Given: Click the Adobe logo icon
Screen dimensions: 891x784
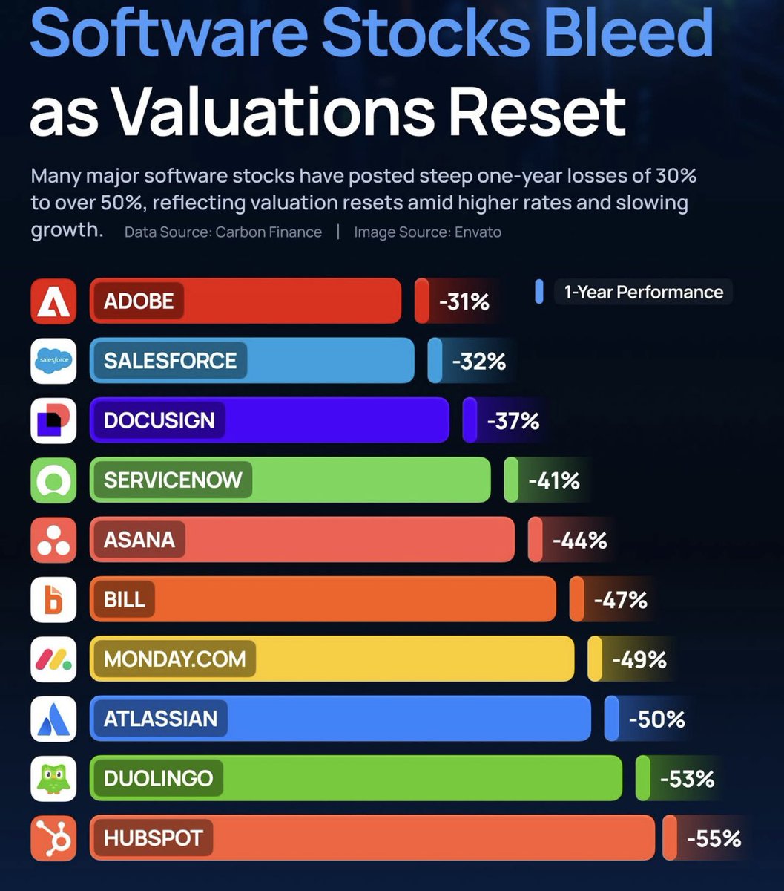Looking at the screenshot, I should coord(53,301).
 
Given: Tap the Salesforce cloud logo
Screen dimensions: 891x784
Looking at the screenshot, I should coord(53,361).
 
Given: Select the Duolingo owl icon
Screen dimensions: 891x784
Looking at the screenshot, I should coord(53,778).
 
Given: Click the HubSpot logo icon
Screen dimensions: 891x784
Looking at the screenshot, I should coord(53,838).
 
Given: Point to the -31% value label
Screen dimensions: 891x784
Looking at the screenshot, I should coord(464,302).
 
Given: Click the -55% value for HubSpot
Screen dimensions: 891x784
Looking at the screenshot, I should coord(714,839).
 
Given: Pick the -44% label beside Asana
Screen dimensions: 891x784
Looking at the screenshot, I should coord(579,541).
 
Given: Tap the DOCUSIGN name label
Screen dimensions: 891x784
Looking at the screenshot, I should coord(159,420).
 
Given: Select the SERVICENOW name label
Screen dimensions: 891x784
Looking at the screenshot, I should coord(173,480).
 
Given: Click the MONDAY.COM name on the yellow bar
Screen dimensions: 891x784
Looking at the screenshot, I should coord(174,659).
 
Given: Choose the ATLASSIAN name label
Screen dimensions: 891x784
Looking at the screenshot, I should coord(160,719).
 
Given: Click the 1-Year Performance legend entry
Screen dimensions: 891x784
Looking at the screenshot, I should coord(642,292).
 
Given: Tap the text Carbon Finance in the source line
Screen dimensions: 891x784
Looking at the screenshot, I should coord(269,232).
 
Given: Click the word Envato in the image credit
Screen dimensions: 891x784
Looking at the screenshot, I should coord(478,232).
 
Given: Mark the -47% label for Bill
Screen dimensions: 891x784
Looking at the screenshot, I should coord(620,600).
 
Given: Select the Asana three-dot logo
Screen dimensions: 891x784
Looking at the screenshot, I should coord(53,540).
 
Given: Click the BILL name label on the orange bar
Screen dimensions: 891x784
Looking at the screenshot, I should coord(125,600).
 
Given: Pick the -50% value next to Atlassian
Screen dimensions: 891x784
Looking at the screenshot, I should coord(656,719).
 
